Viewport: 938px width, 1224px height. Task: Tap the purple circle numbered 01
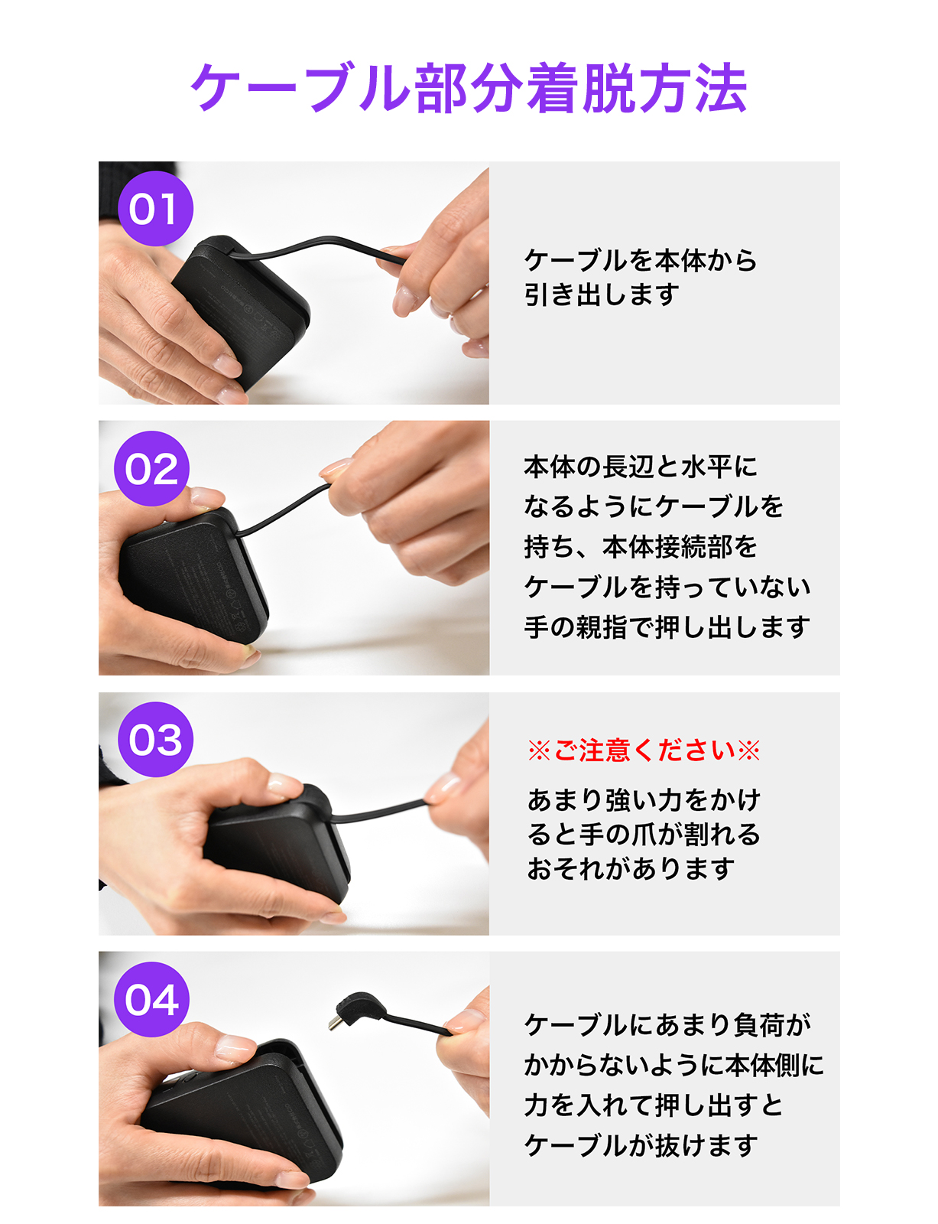[x=155, y=208]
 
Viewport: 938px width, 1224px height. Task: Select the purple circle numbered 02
[x=151, y=468]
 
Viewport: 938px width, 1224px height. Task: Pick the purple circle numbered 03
[x=155, y=739]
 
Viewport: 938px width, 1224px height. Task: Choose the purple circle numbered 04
[x=151, y=998]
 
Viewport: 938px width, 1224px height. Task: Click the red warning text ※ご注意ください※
[x=644, y=750]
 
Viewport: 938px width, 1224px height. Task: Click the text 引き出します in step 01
[x=602, y=295]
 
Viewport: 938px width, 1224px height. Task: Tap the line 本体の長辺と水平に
[x=641, y=467]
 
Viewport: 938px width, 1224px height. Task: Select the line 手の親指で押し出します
[x=667, y=627]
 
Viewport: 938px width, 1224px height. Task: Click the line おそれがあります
[x=631, y=868]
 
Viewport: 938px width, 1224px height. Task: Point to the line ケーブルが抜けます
[x=641, y=1145]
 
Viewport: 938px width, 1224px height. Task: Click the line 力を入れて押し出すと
[x=654, y=1105]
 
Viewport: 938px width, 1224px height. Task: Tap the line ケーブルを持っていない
[x=667, y=586]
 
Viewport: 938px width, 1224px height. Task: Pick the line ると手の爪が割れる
[x=644, y=834]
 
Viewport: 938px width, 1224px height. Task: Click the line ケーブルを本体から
[x=641, y=260]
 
